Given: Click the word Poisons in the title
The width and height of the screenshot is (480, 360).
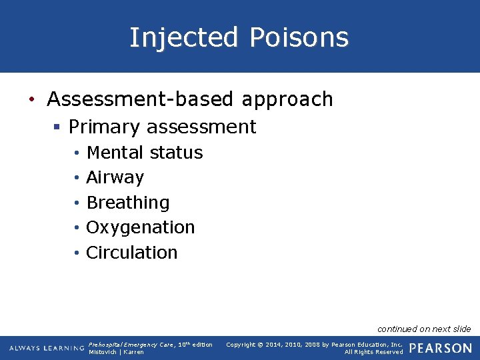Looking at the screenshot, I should (x=299, y=37).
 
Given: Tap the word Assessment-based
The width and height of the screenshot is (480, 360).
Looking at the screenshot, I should (x=141, y=99).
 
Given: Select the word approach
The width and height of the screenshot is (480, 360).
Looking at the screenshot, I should (x=287, y=99).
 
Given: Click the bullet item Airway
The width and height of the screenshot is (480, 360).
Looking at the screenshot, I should (x=115, y=177).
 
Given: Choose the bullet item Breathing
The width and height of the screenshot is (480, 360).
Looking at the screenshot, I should (x=128, y=203).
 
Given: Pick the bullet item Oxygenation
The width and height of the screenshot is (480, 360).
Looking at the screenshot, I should (x=141, y=227).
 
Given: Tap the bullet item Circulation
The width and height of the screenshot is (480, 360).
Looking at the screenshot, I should (x=132, y=253).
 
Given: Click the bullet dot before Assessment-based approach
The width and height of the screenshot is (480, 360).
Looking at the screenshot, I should (x=31, y=100).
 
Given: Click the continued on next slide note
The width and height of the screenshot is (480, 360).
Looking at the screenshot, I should (x=424, y=329).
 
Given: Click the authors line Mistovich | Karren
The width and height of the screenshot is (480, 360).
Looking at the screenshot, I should (x=116, y=352).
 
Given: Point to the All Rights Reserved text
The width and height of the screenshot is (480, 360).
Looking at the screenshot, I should (x=373, y=352).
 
